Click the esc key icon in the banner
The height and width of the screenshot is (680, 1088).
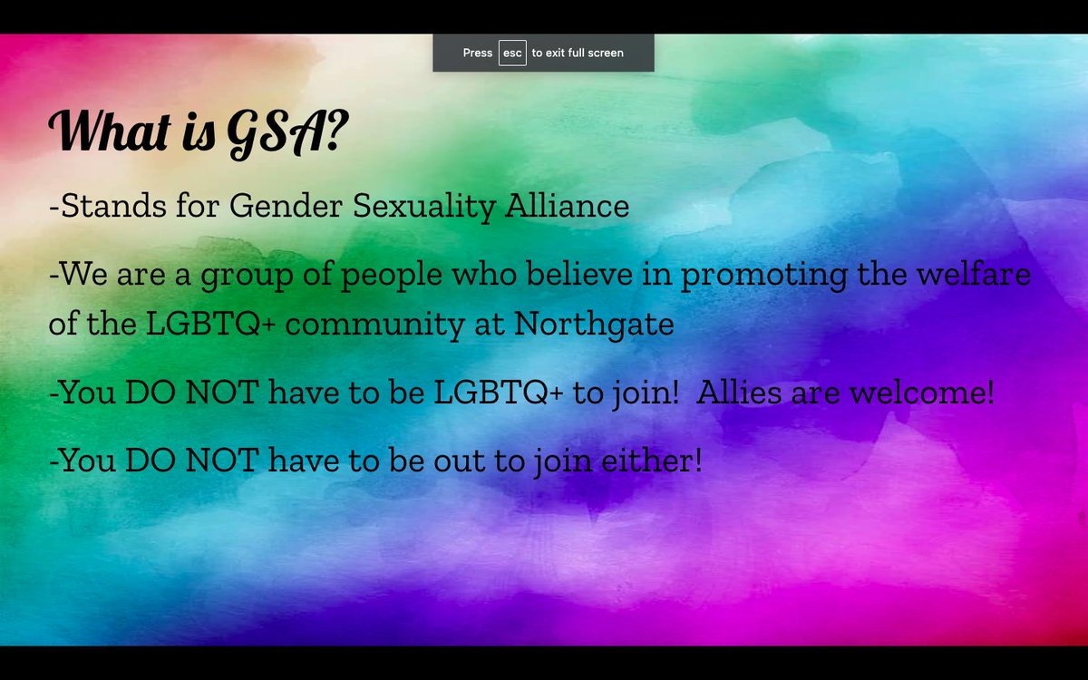click(512, 53)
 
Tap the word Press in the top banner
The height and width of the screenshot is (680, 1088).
click(478, 53)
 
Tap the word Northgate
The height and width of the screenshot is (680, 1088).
click(594, 325)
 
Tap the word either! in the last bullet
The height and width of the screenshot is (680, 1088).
click(652, 461)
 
